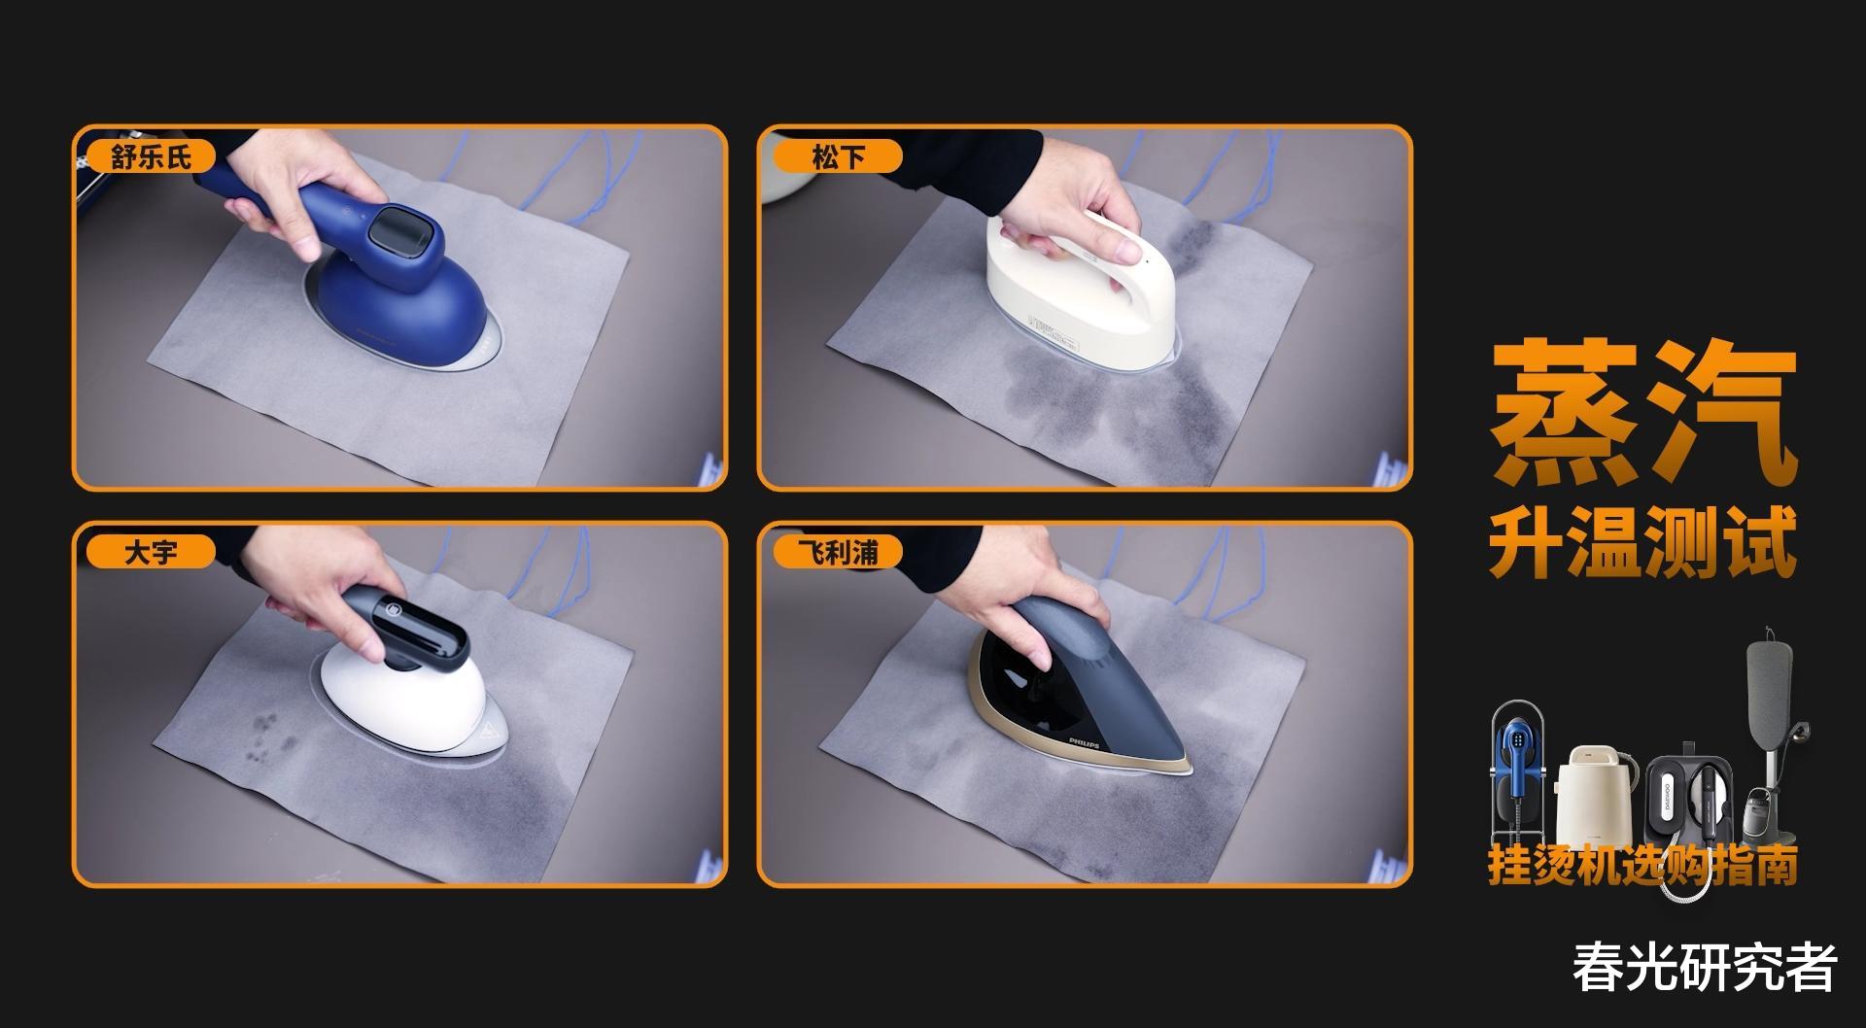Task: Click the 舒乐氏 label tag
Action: (x=151, y=156)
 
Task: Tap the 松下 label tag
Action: (x=837, y=156)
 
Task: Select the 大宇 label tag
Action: (x=151, y=553)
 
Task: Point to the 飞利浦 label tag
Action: (x=837, y=553)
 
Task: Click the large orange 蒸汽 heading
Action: (x=1642, y=412)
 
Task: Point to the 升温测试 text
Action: (x=1642, y=544)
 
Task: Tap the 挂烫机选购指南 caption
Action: (x=1642, y=864)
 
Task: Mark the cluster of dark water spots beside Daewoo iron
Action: (x=267, y=733)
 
